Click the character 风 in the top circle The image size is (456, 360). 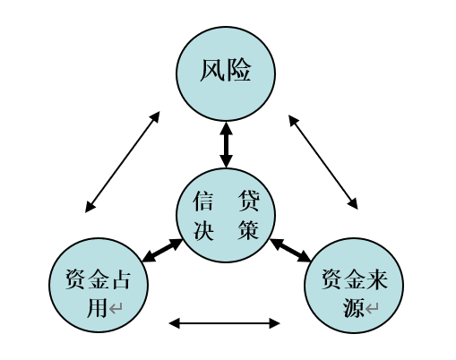(212, 71)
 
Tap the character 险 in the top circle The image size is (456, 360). (238, 71)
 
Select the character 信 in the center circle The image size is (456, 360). (203, 201)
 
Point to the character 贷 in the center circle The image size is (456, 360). (249, 201)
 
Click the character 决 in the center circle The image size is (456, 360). (203, 230)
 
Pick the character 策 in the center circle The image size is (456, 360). (248, 230)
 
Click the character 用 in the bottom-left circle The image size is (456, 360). (98, 307)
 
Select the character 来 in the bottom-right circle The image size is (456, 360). (377, 279)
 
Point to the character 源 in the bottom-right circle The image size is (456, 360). (353, 307)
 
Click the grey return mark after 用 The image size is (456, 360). (116, 309)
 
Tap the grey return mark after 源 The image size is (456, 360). (372, 309)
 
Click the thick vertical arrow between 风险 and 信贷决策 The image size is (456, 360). (226, 145)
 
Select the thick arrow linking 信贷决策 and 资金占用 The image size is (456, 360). (162, 251)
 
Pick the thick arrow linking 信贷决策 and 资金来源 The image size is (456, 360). (290, 251)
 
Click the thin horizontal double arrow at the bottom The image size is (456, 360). (224, 323)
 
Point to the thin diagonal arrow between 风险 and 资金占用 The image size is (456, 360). (123, 162)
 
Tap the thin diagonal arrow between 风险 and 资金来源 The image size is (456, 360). (323, 162)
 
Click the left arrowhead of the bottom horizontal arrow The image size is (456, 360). (175, 323)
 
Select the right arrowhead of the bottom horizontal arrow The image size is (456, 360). (274, 323)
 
